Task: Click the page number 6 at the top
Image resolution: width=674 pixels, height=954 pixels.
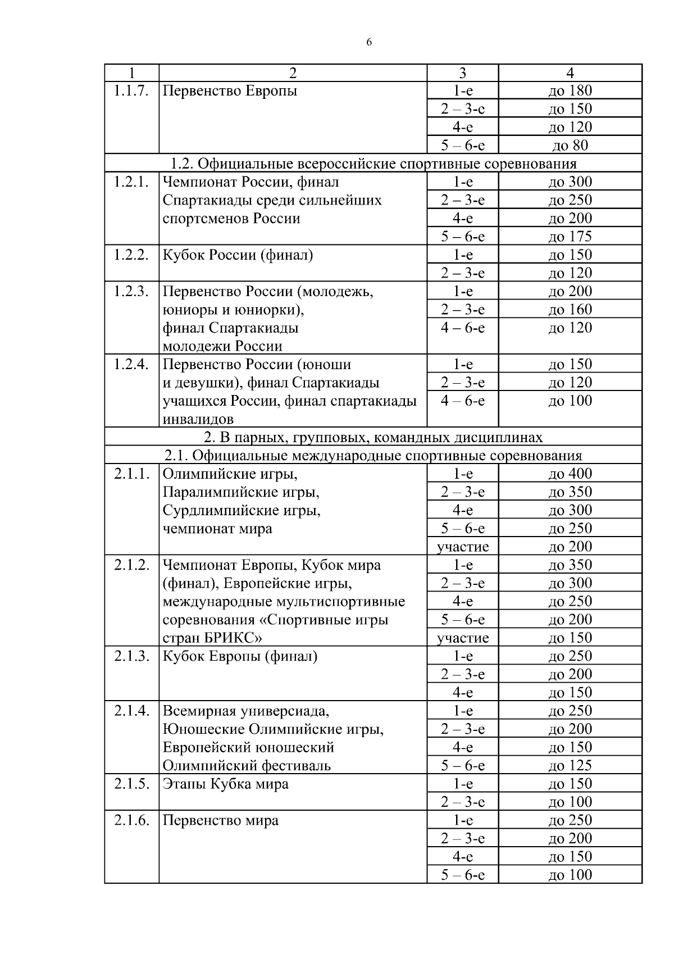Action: (369, 43)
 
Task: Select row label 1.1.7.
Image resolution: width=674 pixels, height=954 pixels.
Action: (131, 91)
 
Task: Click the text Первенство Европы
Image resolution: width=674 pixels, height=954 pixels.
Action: (230, 91)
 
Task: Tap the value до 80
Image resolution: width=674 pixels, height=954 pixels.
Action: (570, 146)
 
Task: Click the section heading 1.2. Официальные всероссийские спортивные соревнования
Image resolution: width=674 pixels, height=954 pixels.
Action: (374, 163)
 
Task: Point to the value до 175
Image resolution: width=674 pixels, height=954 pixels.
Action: (570, 237)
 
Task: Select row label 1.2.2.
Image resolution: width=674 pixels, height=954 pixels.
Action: (131, 255)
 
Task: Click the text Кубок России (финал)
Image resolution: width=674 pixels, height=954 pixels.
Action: (238, 255)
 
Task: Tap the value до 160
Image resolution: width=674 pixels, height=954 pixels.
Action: (570, 310)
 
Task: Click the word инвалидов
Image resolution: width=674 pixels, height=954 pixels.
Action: (198, 419)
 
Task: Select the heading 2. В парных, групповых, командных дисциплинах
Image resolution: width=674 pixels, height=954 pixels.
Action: (374, 437)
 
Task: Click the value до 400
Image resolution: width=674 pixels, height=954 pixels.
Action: (570, 474)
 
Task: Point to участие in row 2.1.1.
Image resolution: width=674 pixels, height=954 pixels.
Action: (463, 547)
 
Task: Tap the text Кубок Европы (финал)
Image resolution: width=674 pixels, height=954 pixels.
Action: (240, 656)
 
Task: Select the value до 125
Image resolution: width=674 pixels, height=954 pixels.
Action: (570, 765)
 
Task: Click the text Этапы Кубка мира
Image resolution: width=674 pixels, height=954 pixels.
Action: (225, 784)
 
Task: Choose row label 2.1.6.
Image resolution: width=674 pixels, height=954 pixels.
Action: (131, 820)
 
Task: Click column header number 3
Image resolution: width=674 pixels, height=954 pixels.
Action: (462, 73)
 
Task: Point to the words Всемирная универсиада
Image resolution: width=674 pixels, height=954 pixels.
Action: (246, 711)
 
